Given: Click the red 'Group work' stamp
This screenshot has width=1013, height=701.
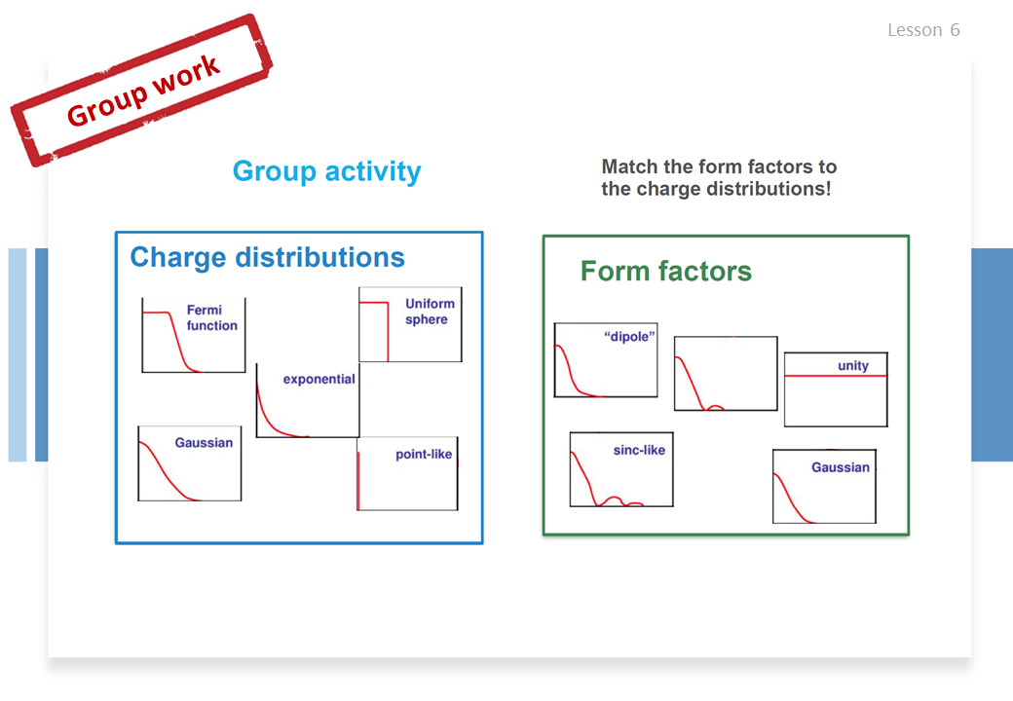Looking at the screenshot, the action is click(141, 91).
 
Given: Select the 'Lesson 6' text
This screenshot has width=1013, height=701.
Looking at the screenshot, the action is click(923, 29).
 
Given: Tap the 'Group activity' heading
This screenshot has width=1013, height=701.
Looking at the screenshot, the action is click(327, 171).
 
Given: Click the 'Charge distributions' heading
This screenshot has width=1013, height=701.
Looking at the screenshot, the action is click(268, 257).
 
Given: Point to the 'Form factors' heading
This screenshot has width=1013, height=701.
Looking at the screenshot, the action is click(666, 271).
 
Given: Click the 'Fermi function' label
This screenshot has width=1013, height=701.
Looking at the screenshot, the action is click(212, 317).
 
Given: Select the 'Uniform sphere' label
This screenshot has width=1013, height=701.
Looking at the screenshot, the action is click(430, 312).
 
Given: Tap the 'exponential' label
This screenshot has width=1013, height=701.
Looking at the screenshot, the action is click(319, 379).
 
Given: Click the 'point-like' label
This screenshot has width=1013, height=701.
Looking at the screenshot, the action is click(424, 455).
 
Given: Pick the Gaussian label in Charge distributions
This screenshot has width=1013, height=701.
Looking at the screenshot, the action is click(204, 443).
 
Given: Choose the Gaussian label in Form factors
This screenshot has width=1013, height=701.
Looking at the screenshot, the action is click(841, 467).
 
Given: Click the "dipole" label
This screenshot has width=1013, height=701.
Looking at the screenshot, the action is click(629, 336).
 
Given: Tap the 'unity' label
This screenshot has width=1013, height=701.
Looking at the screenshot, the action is click(853, 365).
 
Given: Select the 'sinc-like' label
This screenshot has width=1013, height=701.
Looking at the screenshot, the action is click(639, 450).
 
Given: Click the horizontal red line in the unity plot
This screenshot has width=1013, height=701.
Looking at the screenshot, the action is click(836, 376).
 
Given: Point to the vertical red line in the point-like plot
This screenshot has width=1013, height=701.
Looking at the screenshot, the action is click(358, 480).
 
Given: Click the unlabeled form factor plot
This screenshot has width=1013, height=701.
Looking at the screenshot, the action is click(726, 373).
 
